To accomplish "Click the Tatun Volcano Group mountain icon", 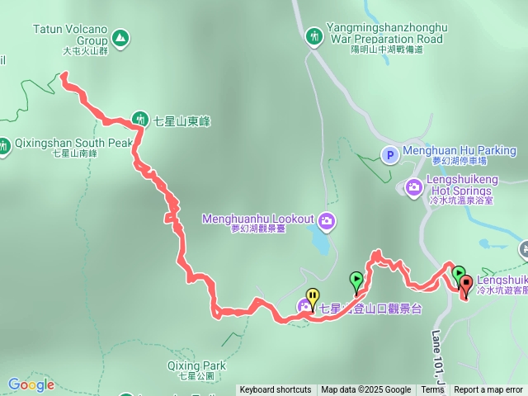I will pyautogui.click(x=121, y=37).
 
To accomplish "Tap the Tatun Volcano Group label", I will pyautogui.click(x=70, y=34).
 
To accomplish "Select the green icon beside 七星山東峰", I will pyautogui.click(x=139, y=120).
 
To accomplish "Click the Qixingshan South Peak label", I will pyautogui.click(x=73, y=143).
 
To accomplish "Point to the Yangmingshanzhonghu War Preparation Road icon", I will pyautogui.click(x=313, y=35).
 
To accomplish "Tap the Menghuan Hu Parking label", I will pyautogui.click(x=460, y=151).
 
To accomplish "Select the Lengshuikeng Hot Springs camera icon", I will pyautogui.click(x=413, y=188).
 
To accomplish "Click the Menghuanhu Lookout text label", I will pyautogui.click(x=258, y=219).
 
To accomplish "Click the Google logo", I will pyautogui.click(x=31, y=384).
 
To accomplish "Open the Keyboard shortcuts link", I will pyautogui.click(x=276, y=390).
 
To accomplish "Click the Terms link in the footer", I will pyautogui.click(x=432, y=390).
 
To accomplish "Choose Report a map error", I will pyautogui.click(x=488, y=390).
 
